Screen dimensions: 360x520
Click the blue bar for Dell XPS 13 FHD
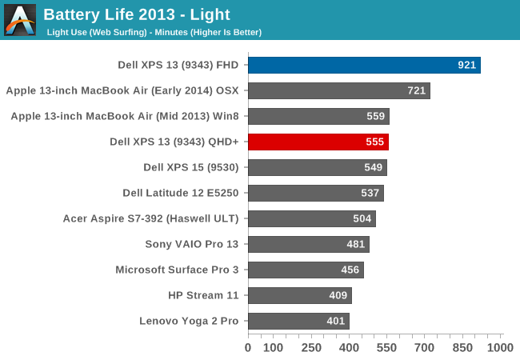(364, 66)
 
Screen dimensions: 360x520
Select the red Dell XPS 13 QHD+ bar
(318, 142)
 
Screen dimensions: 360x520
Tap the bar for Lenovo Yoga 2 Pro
(298, 322)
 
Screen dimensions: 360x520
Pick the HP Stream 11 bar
(299, 296)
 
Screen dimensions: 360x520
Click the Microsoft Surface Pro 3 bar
(306, 270)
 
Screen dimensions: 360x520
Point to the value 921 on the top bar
(467, 66)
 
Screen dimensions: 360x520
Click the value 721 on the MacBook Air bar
(417, 91)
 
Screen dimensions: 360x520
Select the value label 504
(362, 219)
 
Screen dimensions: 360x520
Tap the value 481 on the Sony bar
(356, 245)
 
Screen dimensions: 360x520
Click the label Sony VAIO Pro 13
(192, 244)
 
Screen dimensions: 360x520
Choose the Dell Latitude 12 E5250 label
(181, 193)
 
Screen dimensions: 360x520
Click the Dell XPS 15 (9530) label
(191, 167)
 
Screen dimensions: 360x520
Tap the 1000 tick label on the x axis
(500, 348)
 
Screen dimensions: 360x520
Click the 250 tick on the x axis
(311, 348)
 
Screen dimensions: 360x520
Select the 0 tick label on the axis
(248, 348)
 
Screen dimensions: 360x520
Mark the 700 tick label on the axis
(425, 348)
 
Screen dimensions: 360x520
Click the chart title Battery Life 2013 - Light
(137, 14)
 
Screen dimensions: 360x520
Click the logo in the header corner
(20, 20)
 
